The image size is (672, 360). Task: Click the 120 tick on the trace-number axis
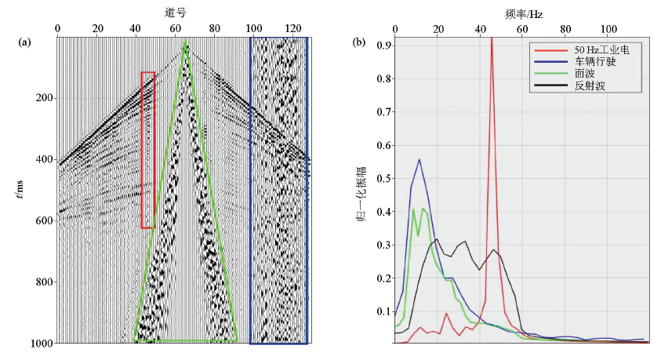(292, 29)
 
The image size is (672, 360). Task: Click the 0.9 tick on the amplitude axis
(384, 45)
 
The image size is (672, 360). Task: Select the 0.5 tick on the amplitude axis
(384, 178)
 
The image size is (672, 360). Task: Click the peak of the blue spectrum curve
(420, 159)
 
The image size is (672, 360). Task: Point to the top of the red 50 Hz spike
(491, 39)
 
